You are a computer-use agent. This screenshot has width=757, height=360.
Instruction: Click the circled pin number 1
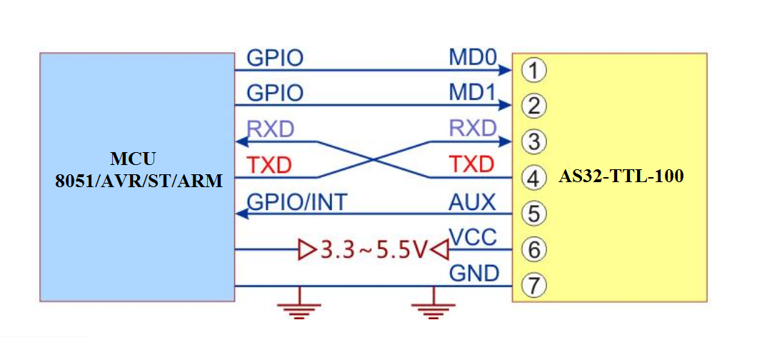[x=533, y=70]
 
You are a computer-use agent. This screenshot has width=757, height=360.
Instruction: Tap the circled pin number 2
[x=533, y=106]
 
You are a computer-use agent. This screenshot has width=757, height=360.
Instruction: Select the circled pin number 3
[x=533, y=141]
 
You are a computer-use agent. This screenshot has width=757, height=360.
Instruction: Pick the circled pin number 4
[x=533, y=177]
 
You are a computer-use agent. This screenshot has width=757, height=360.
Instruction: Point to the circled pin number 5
[x=533, y=213]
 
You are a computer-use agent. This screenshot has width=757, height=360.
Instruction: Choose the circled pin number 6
[x=533, y=249]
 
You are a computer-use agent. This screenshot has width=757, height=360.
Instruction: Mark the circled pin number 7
[x=533, y=286]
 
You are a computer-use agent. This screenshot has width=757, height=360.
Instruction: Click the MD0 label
[x=472, y=57]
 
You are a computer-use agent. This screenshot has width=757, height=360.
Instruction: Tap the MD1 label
[x=472, y=93]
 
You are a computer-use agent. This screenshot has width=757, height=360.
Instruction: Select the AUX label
[x=472, y=202]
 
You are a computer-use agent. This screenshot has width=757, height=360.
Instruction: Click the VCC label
[x=473, y=238]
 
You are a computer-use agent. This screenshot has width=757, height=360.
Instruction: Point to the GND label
[x=473, y=274]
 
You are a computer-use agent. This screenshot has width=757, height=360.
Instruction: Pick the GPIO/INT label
[x=296, y=202]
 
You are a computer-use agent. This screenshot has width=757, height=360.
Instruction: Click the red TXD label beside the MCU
[x=269, y=165]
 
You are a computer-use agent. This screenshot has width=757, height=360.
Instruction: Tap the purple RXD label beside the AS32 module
[x=472, y=129]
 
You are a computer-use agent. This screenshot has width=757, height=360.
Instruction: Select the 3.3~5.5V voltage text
[x=374, y=250]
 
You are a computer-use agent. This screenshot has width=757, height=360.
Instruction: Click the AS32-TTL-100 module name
[x=621, y=176]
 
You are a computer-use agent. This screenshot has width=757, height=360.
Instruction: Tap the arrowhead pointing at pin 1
[x=507, y=70]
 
